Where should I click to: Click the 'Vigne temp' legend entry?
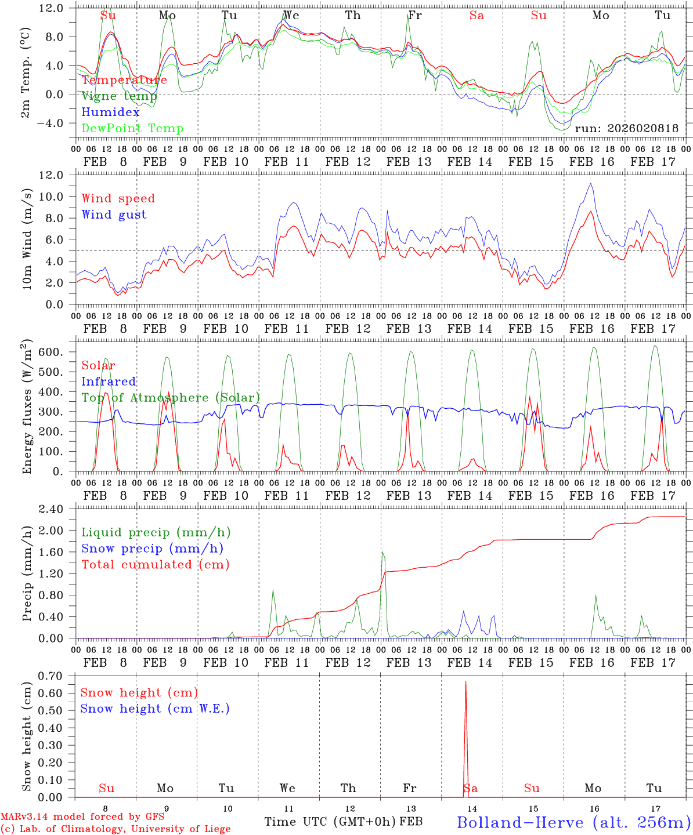coord(119,96)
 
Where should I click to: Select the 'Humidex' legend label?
coord(110,112)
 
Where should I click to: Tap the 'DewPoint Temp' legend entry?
coord(132,129)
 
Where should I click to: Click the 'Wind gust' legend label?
coord(114,215)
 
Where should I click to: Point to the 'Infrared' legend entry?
coord(109,382)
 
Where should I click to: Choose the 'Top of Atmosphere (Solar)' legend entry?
coord(171,398)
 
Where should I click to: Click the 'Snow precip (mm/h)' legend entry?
coord(152,549)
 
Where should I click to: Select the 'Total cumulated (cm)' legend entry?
coord(156,565)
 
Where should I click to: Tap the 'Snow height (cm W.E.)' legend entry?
coord(155,709)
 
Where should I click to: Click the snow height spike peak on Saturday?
coord(465,682)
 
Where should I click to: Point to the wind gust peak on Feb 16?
coord(591,184)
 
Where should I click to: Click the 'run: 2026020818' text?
coord(626,129)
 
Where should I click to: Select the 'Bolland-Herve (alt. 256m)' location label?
coord(573,822)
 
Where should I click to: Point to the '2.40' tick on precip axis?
coord(50,510)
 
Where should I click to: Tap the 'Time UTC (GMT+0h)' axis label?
coord(330,822)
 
